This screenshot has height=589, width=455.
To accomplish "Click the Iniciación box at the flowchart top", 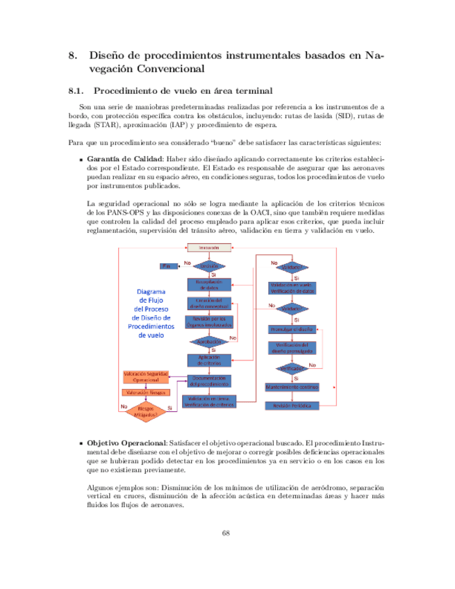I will point(209,248).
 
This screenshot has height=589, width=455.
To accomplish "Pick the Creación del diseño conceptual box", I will point(209,303).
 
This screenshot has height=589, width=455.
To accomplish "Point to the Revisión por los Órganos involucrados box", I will point(209,322).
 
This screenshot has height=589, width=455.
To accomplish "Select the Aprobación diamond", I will point(209,342).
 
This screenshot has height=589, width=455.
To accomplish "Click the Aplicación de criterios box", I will point(209,360).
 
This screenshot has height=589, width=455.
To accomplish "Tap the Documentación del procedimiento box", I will point(209,381).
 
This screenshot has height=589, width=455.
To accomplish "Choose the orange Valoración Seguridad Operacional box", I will point(146,377).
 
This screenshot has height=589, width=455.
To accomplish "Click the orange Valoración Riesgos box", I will point(146,393).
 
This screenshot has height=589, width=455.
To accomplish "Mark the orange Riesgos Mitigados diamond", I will point(146,411).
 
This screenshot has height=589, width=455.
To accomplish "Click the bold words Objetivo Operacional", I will point(125,443).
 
